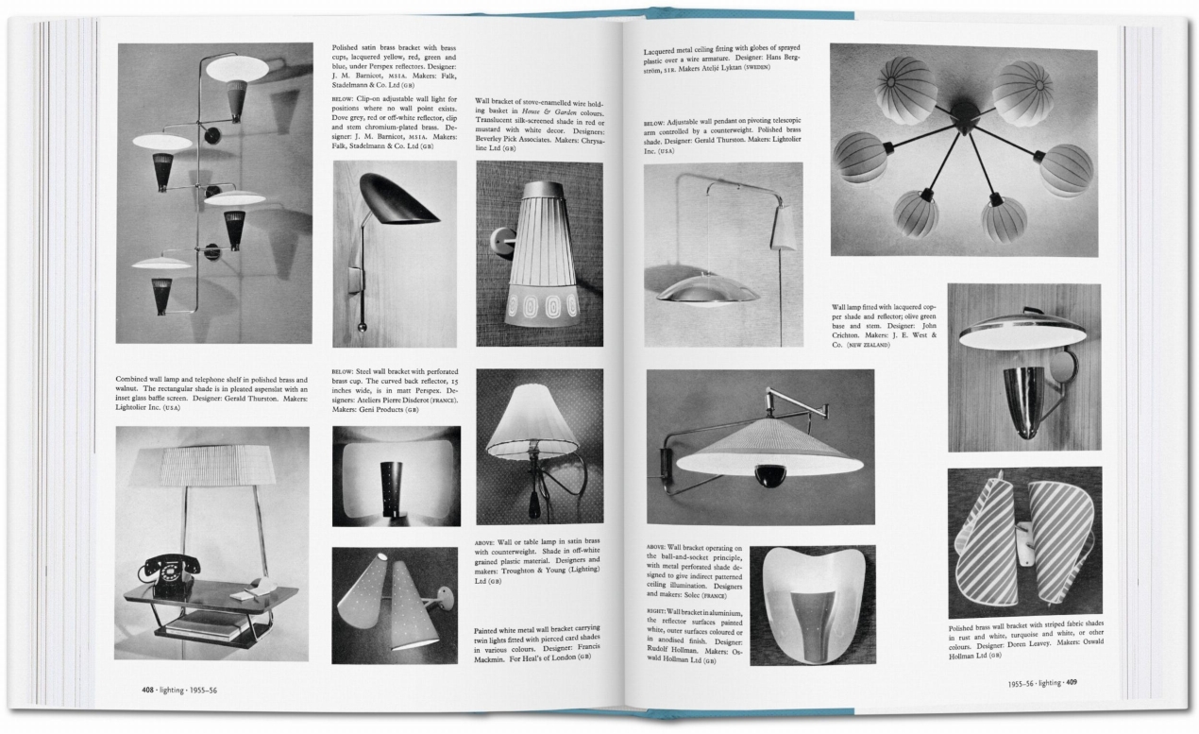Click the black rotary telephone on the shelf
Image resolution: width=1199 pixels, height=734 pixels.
[171, 572]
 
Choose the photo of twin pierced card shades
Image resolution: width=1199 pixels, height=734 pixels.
[396, 605]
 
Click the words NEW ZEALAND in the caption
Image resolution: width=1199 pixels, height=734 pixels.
[870, 345]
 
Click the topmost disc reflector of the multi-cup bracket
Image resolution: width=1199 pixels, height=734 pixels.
[237, 68]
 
